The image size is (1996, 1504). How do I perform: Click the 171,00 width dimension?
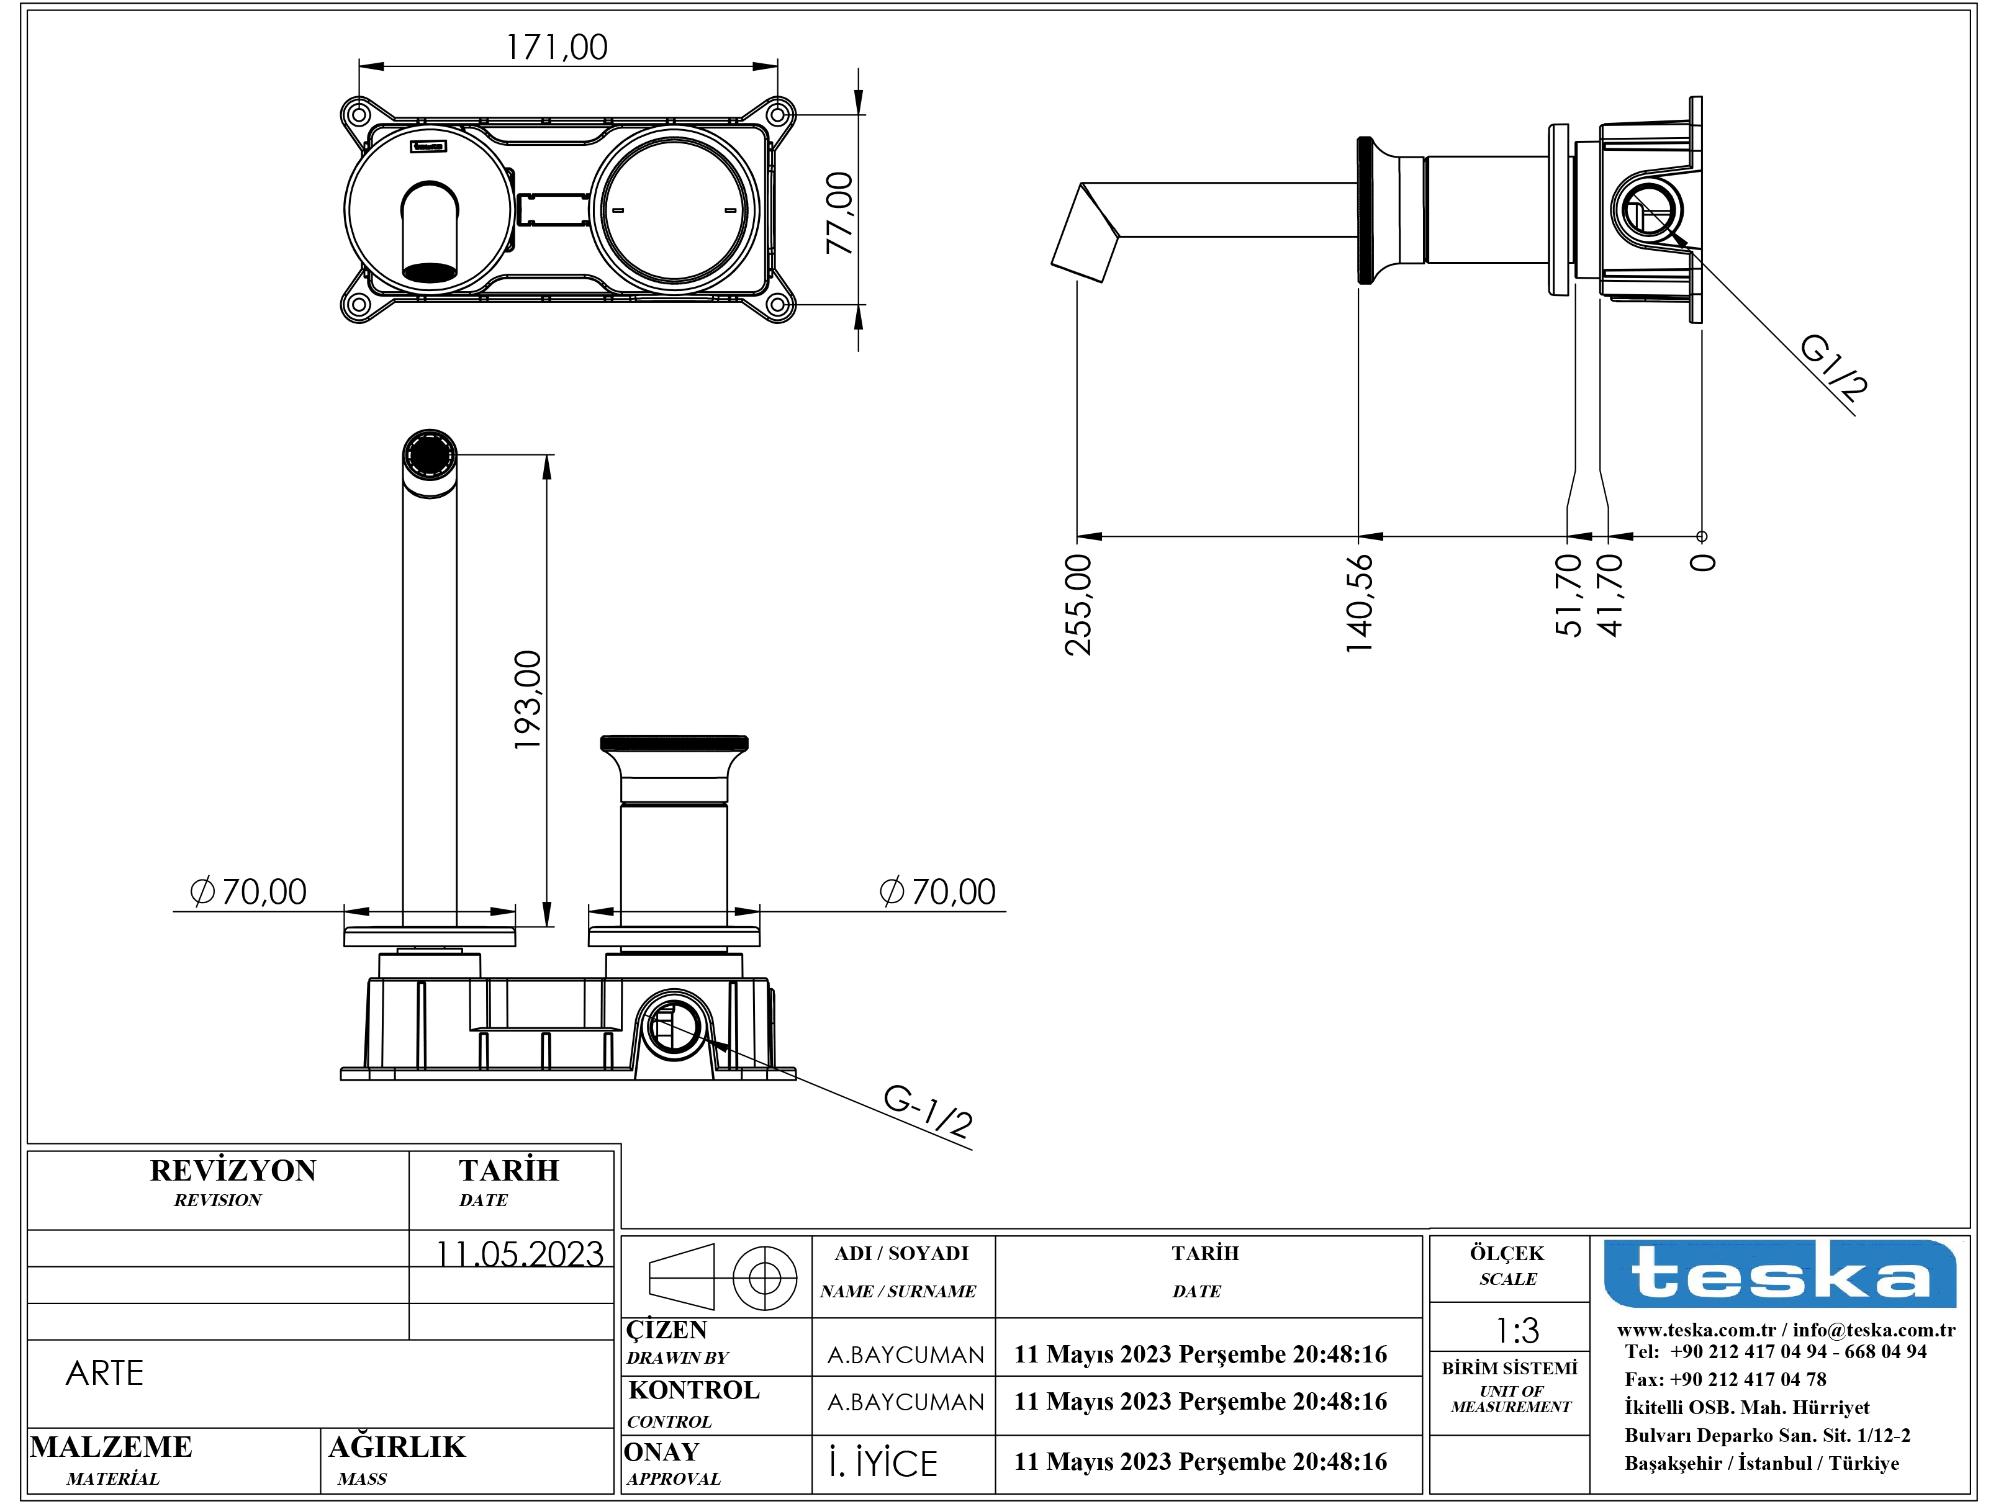(x=557, y=47)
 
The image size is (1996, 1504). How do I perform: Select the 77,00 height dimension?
(x=840, y=213)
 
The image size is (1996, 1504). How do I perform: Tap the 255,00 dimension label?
(x=1078, y=605)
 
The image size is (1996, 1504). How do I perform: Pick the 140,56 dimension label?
(x=1359, y=603)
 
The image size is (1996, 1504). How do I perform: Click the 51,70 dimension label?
(x=1569, y=595)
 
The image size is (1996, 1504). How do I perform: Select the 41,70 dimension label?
(x=1610, y=595)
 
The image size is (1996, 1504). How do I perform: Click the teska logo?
(x=1779, y=1273)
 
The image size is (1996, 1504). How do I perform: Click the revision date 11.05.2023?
(x=520, y=1254)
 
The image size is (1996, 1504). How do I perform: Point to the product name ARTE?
(x=105, y=1373)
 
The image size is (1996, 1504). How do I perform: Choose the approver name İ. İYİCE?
(x=883, y=1464)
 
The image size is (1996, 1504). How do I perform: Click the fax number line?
(x=1725, y=1379)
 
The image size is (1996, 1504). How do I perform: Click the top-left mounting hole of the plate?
(x=359, y=115)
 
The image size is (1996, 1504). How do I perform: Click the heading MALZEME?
(x=111, y=1446)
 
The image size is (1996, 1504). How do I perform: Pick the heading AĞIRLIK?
(x=397, y=1446)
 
